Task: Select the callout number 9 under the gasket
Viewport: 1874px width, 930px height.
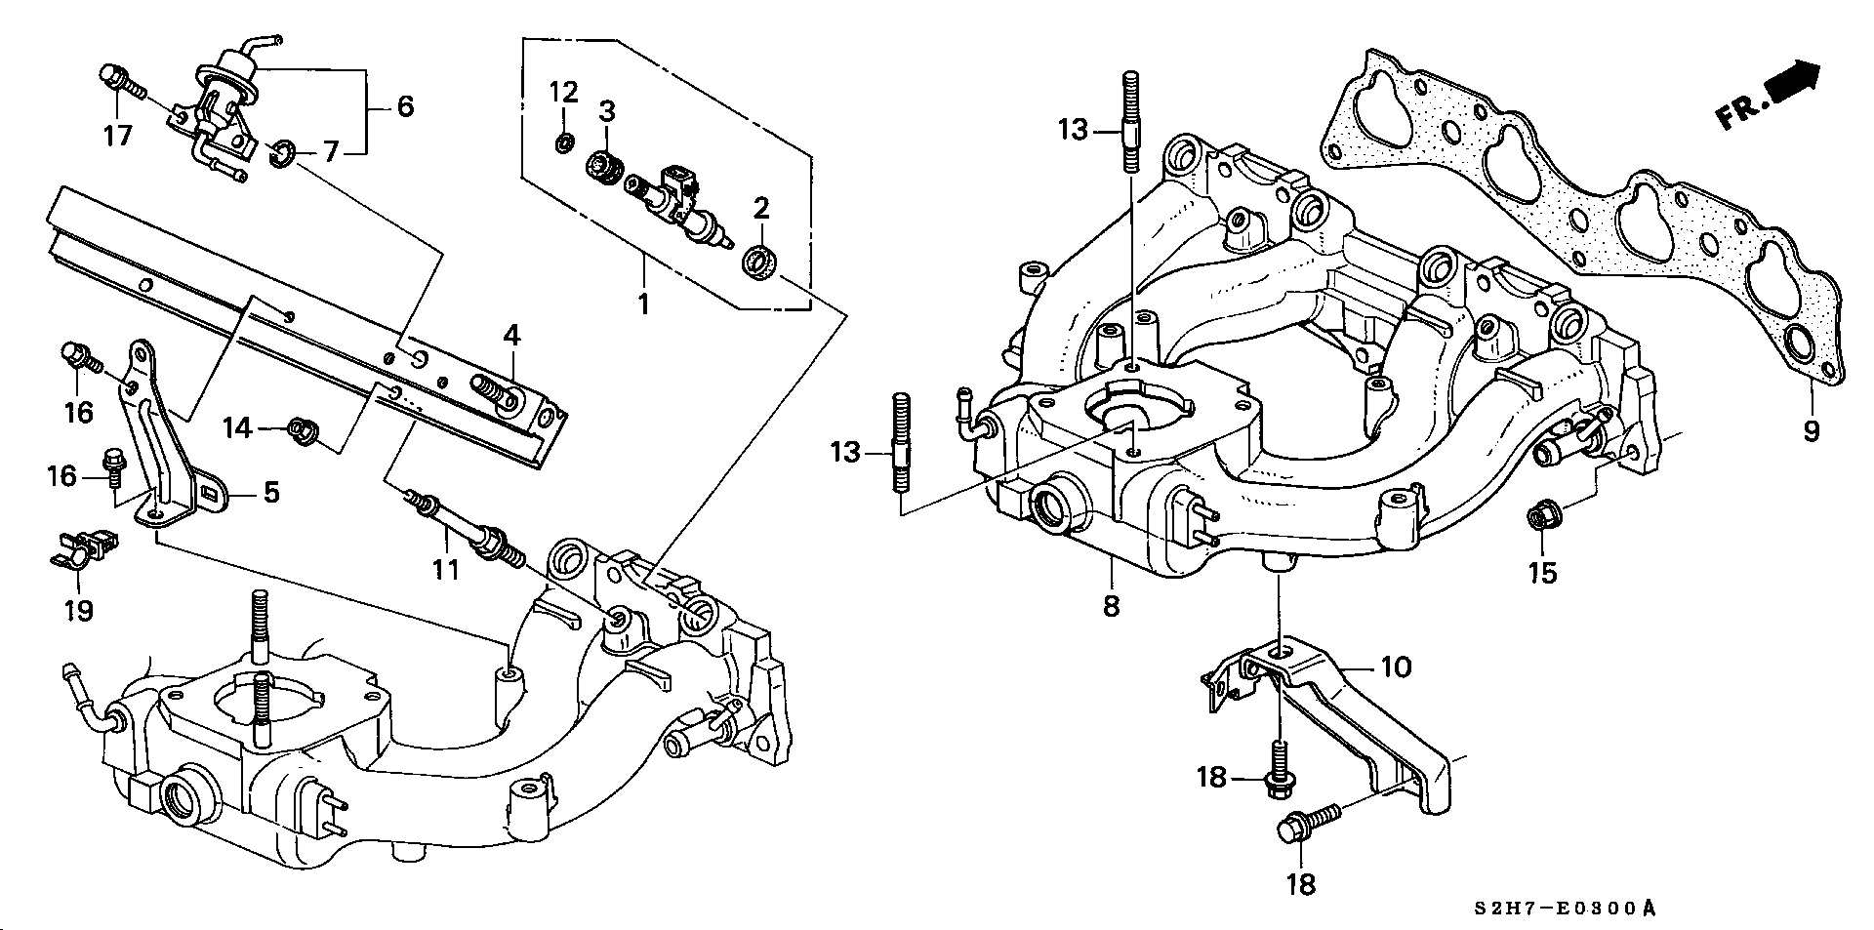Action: (x=1812, y=429)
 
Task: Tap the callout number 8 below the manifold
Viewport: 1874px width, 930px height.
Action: (x=1111, y=605)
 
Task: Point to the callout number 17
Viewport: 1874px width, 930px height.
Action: (x=117, y=135)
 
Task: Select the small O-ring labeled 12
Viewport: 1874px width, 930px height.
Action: (x=564, y=143)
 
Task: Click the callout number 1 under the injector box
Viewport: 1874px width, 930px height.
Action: (x=643, y=303)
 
